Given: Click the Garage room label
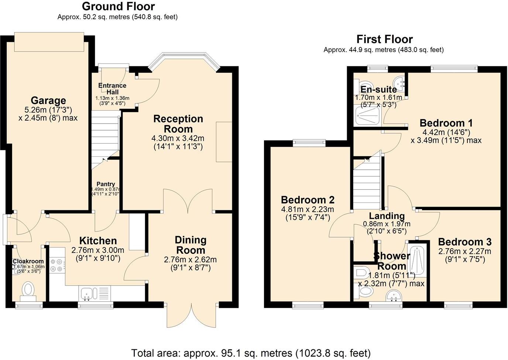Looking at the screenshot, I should tap(48, 100).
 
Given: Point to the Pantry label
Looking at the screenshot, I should tap(106, 184).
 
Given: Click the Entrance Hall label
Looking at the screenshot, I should tap(112, 89).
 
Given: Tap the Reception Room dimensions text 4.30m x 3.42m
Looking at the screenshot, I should tap(178, 138).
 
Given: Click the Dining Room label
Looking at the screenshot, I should tap(190, 245).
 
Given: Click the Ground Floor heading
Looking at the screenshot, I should tap(118, 6).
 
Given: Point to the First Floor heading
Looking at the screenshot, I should tap(384, 39).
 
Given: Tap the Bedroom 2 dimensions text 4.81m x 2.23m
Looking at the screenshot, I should tap(308, 209).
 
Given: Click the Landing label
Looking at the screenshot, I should tap(387, 216).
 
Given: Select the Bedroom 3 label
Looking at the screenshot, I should tap(464, 242).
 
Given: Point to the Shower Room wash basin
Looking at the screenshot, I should tap(394, 295).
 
